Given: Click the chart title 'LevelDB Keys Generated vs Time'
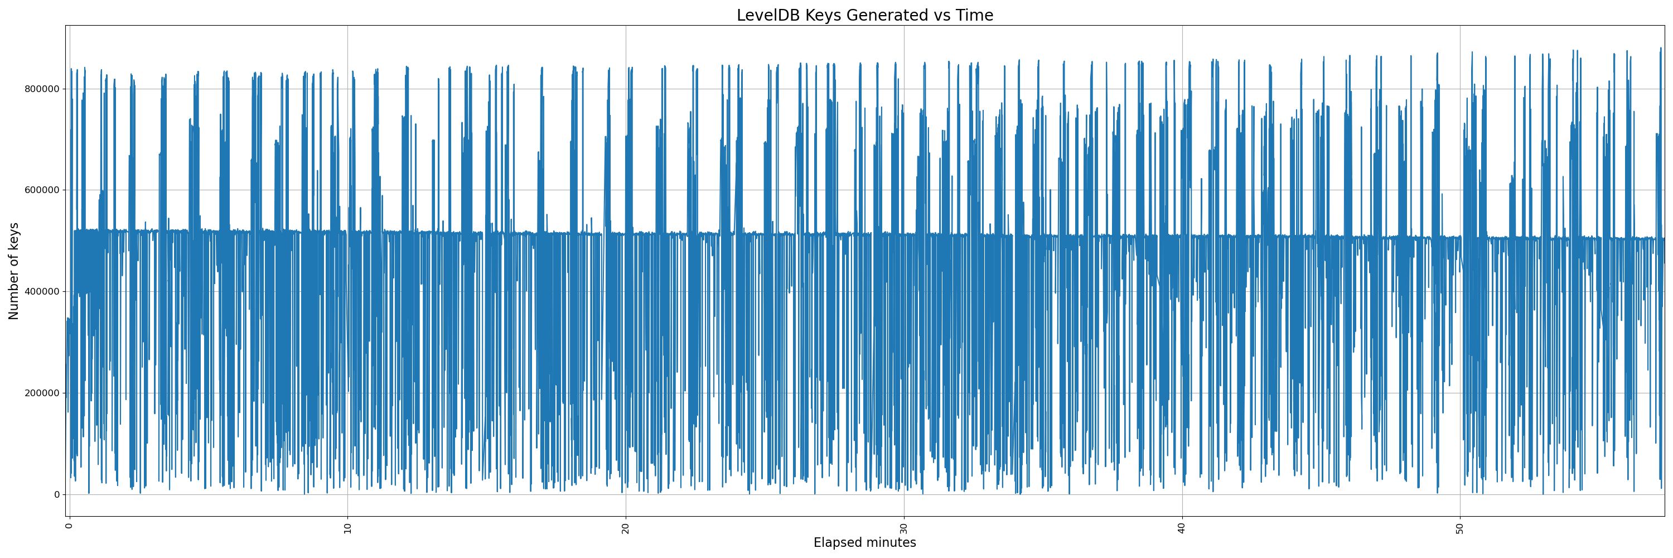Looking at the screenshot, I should click(x=864, y=15).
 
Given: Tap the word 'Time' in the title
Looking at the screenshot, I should click(x=974, y=15).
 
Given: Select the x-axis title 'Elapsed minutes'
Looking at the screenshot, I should click(x=864, y=542).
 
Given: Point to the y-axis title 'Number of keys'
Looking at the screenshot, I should click(x=13, y=271).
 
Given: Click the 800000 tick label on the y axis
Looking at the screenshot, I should click(x=42, y=89).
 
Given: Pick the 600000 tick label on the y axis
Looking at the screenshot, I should click(x=42, y=190).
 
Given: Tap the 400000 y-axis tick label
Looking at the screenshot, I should click(x=42, y=292).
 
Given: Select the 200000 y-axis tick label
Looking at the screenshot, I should click(x=42, y=393).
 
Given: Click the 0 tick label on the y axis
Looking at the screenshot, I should click(x=56, y=494).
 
